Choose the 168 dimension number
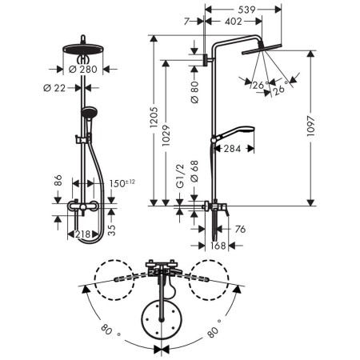[216, 246]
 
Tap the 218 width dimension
[82, 234]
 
